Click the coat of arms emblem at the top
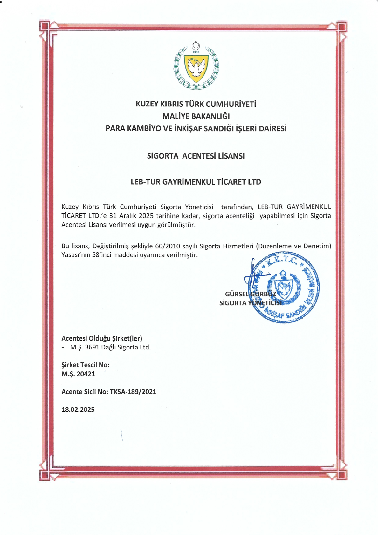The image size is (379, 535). [x=196, y=66]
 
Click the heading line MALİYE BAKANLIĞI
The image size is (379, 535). [x=196, y=116]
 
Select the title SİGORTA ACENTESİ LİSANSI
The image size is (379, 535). [x=196, y=156]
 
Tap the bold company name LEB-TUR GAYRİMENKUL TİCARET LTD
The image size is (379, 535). [x=196, y=182]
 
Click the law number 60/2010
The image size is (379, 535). [x=168, y=246]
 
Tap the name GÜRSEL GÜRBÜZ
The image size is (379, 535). [x=250, y=294]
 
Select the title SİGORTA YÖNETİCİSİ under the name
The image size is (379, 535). [x=250, y=303]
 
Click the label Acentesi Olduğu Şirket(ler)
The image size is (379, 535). [x=102, y=338]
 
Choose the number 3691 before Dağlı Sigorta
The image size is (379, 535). [x=92, y=347]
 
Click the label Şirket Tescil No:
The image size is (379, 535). [x=85, y=365]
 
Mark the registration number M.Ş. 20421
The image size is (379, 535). [x=78, y=374]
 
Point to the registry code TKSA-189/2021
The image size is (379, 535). [x=133, y=392]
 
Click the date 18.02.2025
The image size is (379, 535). [x=78, y=410]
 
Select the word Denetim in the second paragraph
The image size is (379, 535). [x=316, y=246]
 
